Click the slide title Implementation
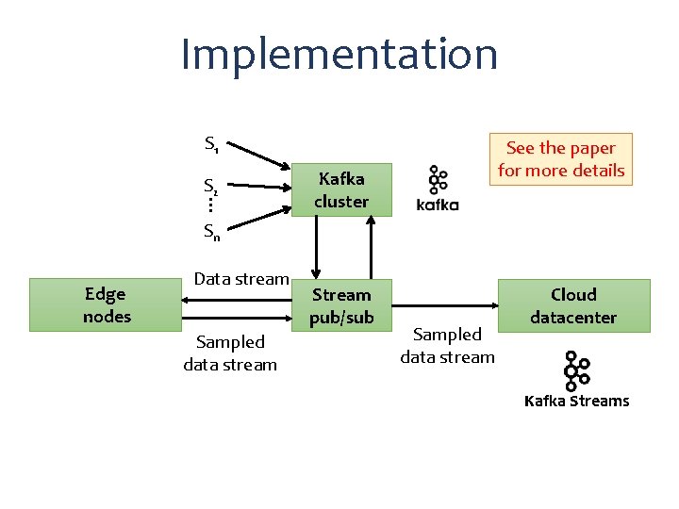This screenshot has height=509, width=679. pos(339,54)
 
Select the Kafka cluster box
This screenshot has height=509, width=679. pos(340,189)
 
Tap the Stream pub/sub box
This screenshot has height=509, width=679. pos(340,306)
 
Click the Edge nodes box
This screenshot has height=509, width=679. pos(107,304)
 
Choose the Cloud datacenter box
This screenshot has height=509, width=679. pos(573,305)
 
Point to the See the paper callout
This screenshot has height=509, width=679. pos(560,159)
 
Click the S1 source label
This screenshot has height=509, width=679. pos(212,144)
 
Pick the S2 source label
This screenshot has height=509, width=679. pos(212,186)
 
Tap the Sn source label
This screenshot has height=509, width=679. pos(212,232)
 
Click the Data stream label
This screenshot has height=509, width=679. pos(240,278)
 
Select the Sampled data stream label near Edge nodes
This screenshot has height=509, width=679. pos(230,353)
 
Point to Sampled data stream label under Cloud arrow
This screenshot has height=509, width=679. pos(447,345)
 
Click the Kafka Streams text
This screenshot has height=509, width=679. pos(576,401)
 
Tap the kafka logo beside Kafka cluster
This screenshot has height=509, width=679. pos(438,189)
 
